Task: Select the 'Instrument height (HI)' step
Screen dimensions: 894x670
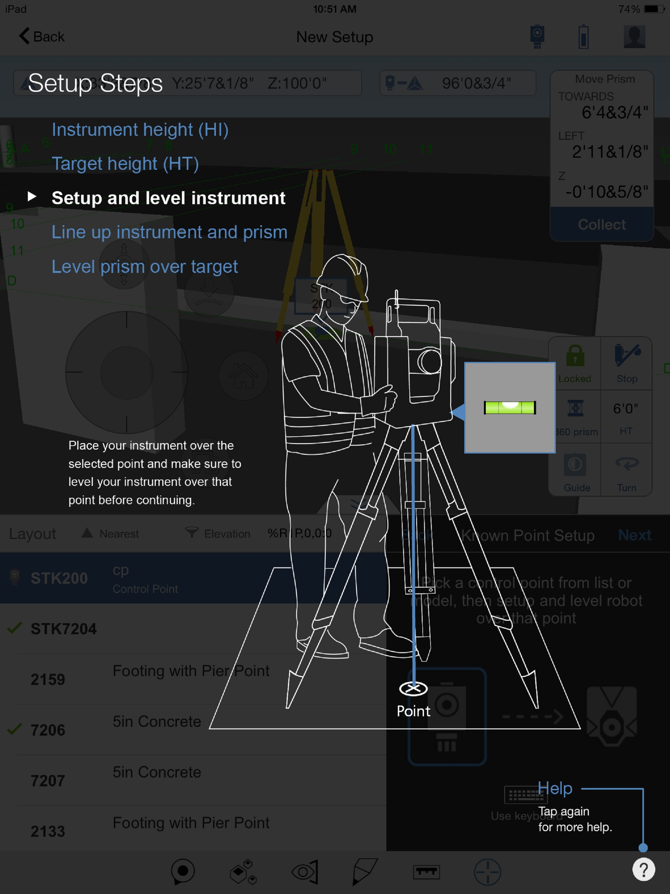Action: [140, 130]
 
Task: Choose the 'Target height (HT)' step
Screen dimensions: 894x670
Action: [125, 164]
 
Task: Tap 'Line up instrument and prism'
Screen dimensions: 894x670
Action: [169, 232]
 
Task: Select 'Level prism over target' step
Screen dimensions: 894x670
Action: [145, 267]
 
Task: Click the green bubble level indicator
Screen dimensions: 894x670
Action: [510, 407]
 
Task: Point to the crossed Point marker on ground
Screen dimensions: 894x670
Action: [413, 688]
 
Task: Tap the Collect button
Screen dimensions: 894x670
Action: [601, 224]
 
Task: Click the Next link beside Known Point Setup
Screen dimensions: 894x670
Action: [634, 535]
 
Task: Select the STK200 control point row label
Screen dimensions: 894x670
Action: [59, 578]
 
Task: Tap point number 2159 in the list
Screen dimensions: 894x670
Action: [48, 679]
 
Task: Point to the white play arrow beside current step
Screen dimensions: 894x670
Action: [32, 197]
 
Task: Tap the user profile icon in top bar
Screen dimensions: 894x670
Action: [634, 37]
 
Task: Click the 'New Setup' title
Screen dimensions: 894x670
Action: [335, 37]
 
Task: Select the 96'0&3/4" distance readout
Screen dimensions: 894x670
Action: [476, 83]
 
